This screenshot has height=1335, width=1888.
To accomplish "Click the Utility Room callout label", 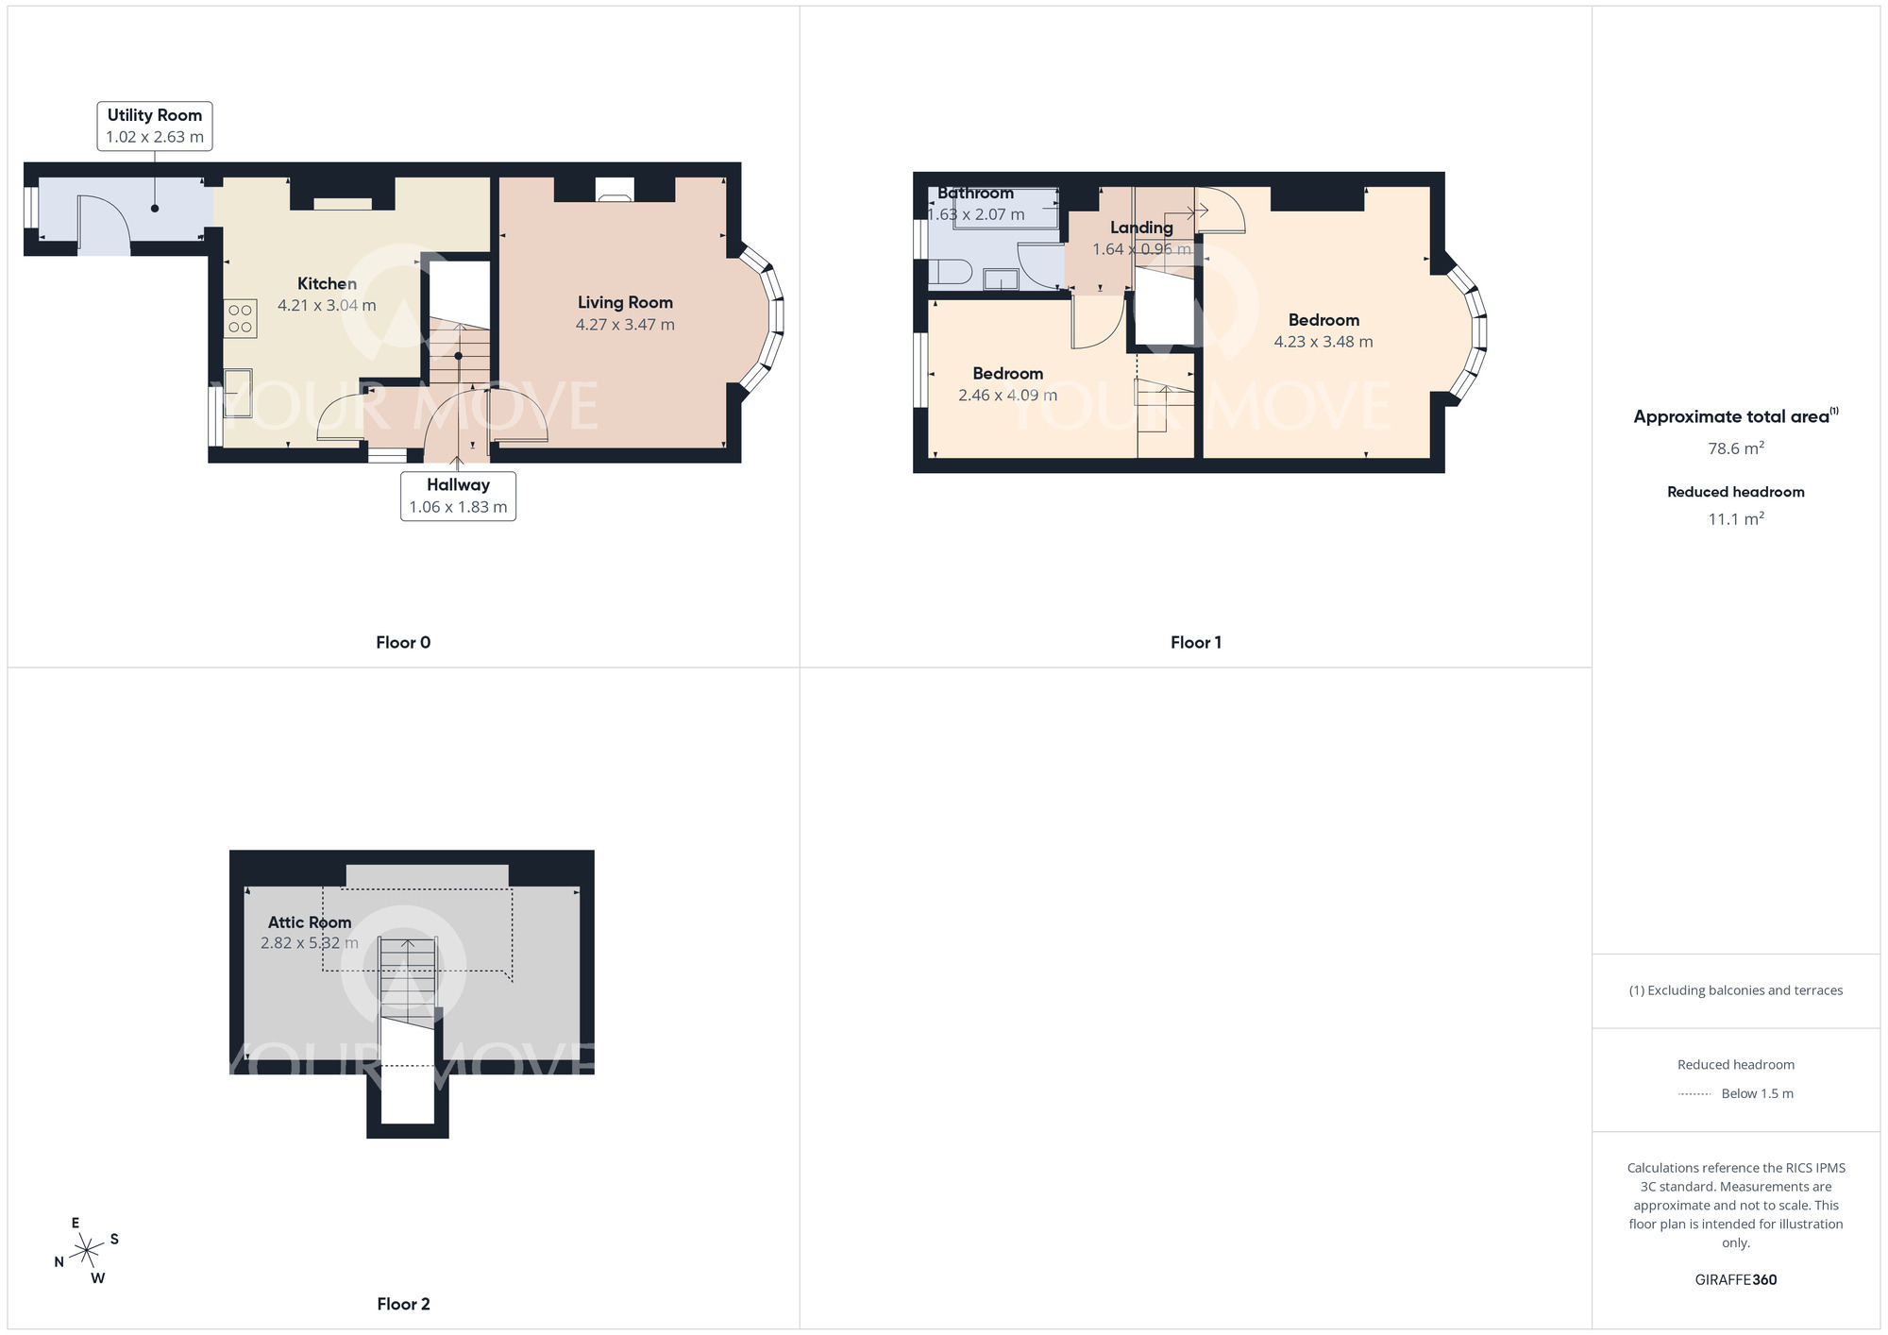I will click(155, 126).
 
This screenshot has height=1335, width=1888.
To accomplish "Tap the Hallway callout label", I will click(458, 496).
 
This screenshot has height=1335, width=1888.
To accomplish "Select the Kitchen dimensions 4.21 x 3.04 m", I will click(327, 305).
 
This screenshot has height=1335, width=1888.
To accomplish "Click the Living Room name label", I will click(625, 302).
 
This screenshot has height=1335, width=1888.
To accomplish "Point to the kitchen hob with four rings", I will click(240, 318).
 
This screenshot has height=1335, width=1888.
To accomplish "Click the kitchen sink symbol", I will click(237, 393).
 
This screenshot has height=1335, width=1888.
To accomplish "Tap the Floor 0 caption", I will click(403, 642).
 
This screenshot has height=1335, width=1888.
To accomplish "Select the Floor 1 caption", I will click(1195, 642).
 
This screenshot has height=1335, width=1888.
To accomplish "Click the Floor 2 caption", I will click(403, 1304).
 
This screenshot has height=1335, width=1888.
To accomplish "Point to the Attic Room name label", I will click(310, 922).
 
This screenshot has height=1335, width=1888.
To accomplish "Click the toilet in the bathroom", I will click(951, 273).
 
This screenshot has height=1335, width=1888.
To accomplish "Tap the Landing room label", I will click(1141, 228).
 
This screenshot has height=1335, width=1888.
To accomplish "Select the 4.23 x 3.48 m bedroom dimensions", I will click(1323, 342).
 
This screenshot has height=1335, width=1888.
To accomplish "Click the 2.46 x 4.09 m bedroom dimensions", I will click(1007, 396).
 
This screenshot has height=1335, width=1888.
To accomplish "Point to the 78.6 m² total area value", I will click(1735, 448).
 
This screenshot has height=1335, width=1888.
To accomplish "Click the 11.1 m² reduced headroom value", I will click(1735, 518).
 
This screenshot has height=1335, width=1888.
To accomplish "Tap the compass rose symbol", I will click(87, 1251).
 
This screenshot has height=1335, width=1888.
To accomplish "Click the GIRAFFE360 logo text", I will click(1735, 1280).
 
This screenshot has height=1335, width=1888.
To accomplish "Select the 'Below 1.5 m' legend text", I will click(1757, 1093).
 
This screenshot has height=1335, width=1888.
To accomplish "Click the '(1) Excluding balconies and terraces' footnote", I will click(1735, 990).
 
